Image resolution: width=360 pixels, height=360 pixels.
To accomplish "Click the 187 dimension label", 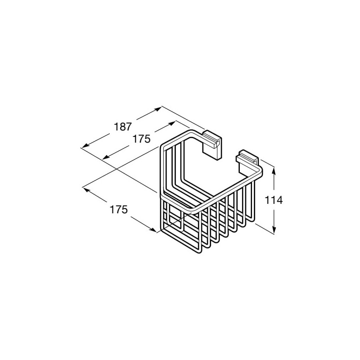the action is (x=123, y=127).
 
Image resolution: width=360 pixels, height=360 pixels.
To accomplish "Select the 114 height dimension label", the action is (x=274, y=200).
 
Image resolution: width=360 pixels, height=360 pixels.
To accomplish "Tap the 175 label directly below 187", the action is (x=141, y=139).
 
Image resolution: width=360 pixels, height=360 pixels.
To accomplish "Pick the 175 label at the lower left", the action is (x=118, y=210).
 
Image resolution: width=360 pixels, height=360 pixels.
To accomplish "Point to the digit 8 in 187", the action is (x=123, y=127).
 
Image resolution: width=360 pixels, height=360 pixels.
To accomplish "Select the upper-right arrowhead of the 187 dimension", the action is (x=158, y=109).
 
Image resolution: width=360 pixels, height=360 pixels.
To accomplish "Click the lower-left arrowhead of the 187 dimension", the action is (x=85, y=145).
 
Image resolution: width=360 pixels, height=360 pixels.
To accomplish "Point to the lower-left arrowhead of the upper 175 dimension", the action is (x=105, y=157).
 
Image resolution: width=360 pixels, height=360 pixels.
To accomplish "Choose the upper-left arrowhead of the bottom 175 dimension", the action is (x=85, y=189).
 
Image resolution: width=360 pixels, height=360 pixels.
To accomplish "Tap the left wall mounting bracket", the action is (x=211, y=144).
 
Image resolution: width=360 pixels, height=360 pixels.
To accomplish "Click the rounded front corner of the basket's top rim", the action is (x=194, y=211).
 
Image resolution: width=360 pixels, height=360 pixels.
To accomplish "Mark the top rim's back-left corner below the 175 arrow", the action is (x=163, y=147).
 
